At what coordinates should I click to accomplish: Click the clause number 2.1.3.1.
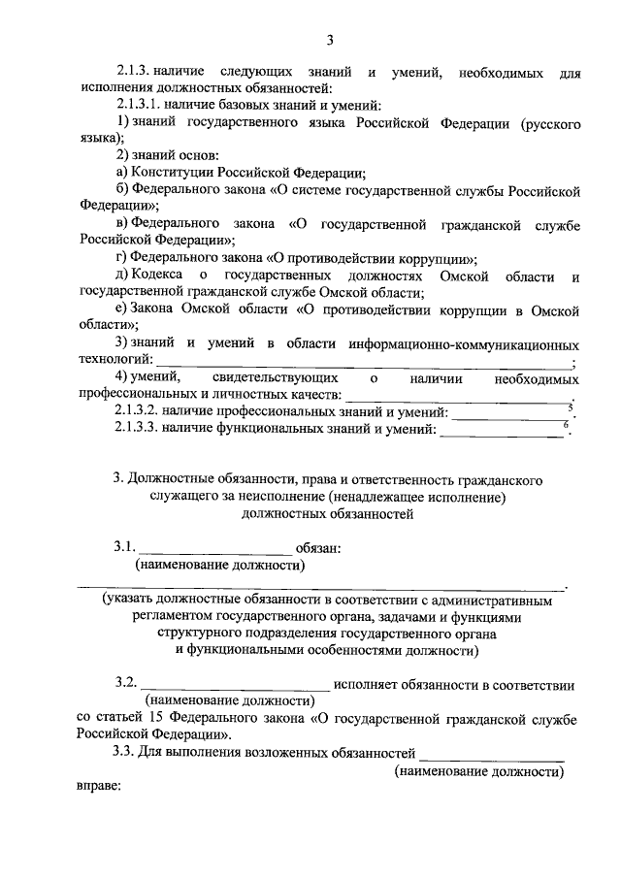(x=140, y=105)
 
